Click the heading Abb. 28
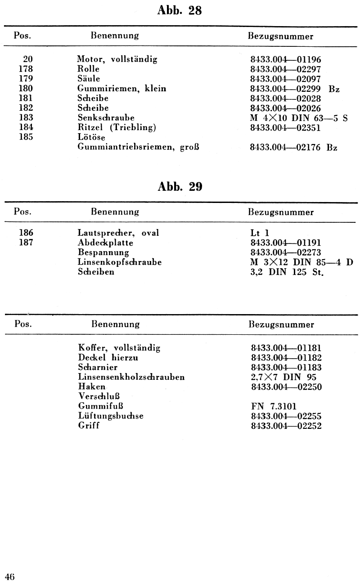pyautogui.click(x=180, y=12)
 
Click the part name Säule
pyautogui.click(x=89, y=79)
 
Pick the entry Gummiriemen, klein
pyautogui.click(x=121, y=89)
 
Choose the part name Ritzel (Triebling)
pyautogui.click(x=117, y=127)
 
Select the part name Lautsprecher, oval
pyautogui.click(x=118, y=233)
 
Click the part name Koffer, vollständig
pyautogui.click(x=119, y=348)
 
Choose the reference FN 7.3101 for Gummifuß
pyautogui.click(x=273, y=406)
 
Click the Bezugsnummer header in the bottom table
pyautogui.click(x=281, y=324)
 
